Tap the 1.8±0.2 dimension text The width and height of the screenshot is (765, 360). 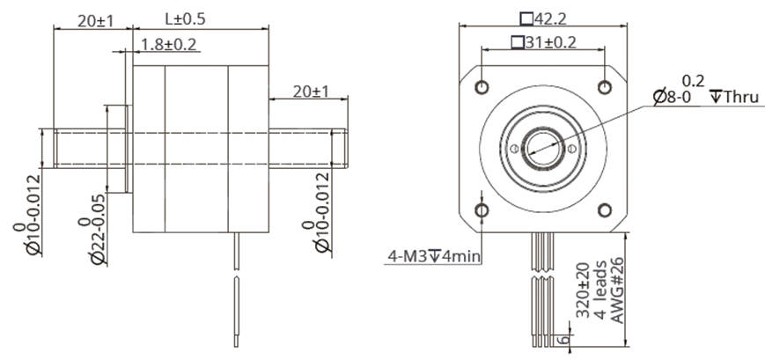tap(168, 44)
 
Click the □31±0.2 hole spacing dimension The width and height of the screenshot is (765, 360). tap(542, 42)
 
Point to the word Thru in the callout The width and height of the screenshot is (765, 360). tap(739, 97)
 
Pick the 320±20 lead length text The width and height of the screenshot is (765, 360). tap(582, 290)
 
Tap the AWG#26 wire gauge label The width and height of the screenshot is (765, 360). tap(617, 290)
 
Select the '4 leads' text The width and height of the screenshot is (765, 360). tap(599, 290)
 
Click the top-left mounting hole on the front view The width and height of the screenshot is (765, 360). tap(482, 86)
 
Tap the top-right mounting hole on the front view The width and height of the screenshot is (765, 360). tap(605, 86)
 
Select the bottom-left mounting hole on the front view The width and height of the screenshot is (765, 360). tap(482, 209)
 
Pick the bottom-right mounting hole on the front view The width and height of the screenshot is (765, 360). tap(605, 209)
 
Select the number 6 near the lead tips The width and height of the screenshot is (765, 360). tap(566, 336)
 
